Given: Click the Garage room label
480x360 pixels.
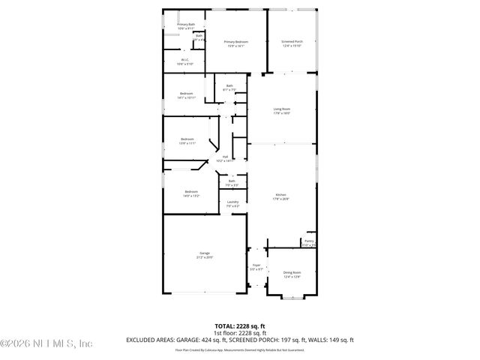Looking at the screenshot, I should pos(205,255).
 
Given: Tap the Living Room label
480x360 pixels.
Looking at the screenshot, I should pos(281,110).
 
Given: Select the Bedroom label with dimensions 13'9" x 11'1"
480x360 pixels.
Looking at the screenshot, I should pos(187,140).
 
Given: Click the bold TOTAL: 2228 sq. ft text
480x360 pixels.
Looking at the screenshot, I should pos(239,325).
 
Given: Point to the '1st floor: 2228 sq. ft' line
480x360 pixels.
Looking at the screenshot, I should pos(239,332).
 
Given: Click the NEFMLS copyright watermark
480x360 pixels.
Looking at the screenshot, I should pos(46,344).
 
